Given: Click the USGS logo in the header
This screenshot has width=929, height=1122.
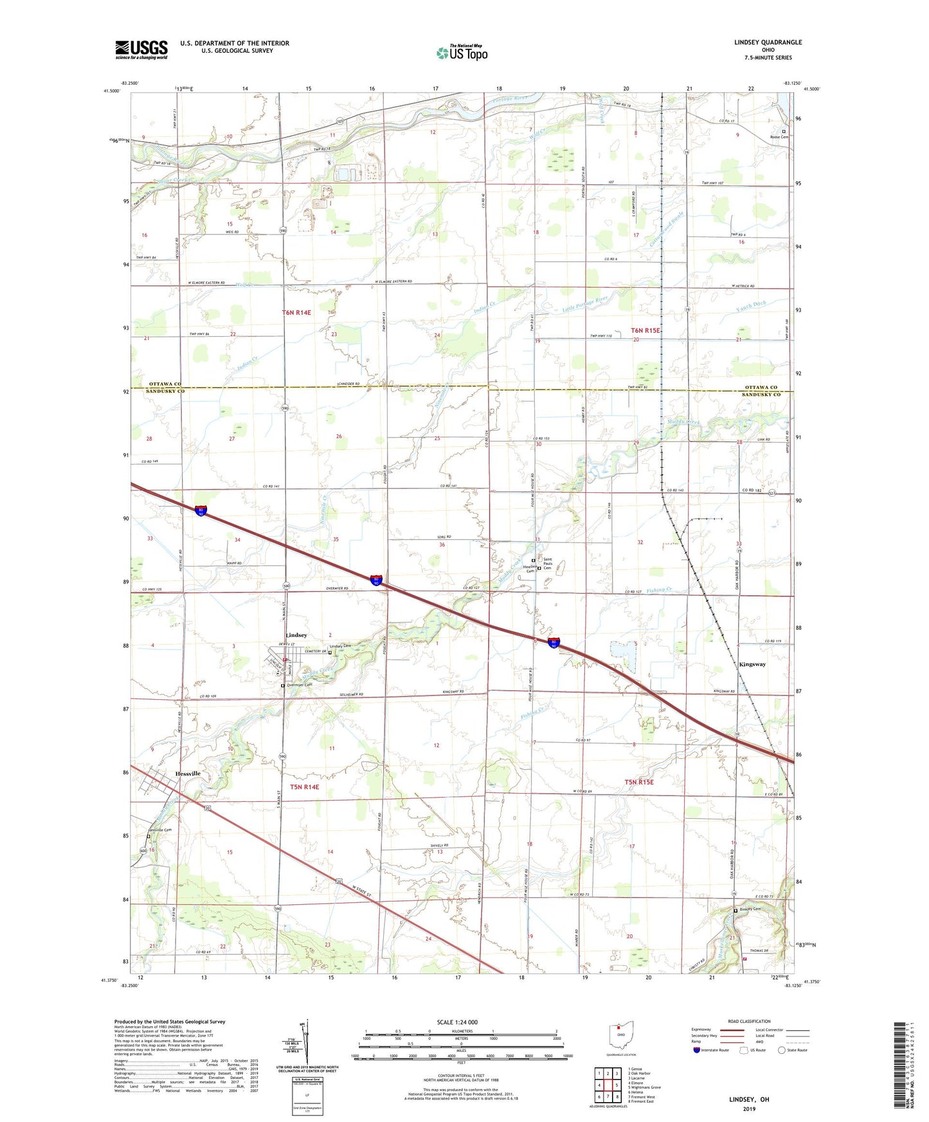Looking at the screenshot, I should (x=141, y=49).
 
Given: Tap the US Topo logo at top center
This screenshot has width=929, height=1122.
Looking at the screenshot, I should (x=462, y=53).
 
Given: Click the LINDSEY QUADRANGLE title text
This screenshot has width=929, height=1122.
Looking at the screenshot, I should (x=768, y=42).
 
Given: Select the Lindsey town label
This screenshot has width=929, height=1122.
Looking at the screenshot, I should (x=296, y=635).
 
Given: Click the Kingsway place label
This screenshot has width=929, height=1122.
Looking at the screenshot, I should (x=752, y=664).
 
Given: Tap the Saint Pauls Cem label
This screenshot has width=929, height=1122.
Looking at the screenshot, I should (x=547, y=564).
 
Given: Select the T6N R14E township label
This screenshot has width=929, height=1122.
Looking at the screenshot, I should (x=296, y=312).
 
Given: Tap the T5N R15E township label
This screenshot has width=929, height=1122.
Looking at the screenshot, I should (x=638, y=782).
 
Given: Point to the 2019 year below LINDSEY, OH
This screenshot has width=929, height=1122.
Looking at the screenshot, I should (x=748, y=1109).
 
